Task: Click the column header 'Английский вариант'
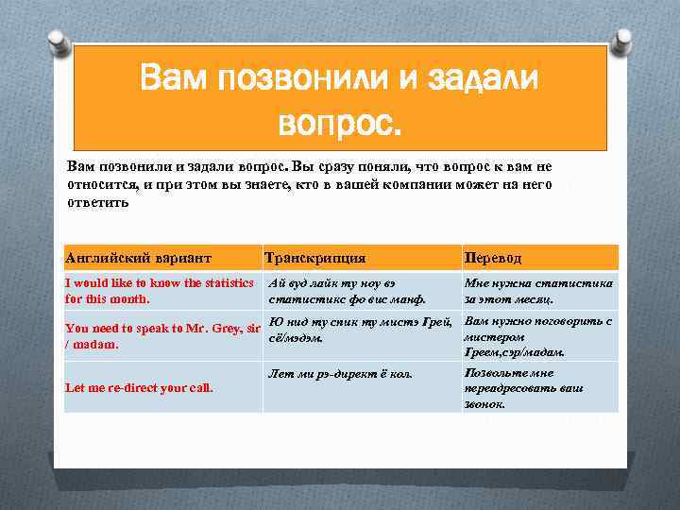(x=138, y=258)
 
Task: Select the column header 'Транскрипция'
(x=315, y=258)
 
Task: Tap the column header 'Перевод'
(x=491, y=258)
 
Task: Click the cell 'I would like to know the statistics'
(x=160, y=290)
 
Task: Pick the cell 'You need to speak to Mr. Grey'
(x=161, y=336)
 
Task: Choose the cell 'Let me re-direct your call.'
(x=139, y=387)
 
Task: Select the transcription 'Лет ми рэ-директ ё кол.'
(x=341, y=374)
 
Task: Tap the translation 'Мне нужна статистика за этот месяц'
(x=538, y=290)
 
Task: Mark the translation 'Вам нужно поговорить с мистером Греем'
(x=538, y=336)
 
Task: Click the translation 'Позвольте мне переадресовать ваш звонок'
(x=524, y=388)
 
